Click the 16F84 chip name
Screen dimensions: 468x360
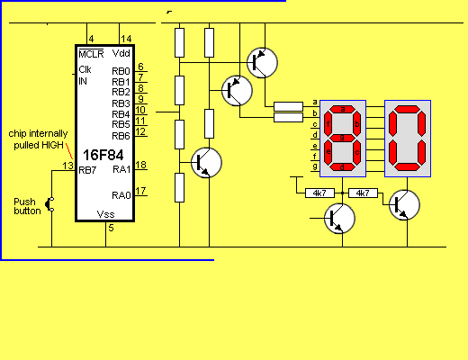point(103,155)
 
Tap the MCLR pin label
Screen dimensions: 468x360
point(91,54)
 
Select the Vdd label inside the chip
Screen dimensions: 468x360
point(121,53)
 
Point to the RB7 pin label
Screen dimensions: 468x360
point(87,170)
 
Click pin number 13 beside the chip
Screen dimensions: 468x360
point(68,166)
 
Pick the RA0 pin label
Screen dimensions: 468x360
point(121,195)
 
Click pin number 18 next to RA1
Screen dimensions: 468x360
point(140,165)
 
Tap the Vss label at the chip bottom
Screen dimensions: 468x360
point(105,214)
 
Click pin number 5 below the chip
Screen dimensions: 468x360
point(111,228)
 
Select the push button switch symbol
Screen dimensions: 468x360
point(49,204)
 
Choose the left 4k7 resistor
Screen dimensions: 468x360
point(319,193)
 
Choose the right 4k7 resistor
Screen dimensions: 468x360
point(363,193)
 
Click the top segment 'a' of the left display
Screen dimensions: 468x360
point(343,109)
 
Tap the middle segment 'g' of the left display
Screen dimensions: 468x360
point(343,138)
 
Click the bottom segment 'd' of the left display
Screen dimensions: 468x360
point(343,167)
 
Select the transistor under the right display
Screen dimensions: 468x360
point(404,205)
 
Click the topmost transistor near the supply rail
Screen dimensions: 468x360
point(262,63)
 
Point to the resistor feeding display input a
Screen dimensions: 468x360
point(288,106)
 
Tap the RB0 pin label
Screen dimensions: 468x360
point(121,71)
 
